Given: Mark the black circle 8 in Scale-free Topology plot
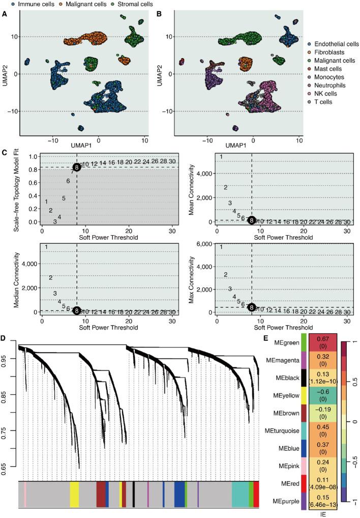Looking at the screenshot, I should [76, 167].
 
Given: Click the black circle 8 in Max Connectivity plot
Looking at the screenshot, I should [251, 307].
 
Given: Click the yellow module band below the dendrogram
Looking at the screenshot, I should [74, 494].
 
